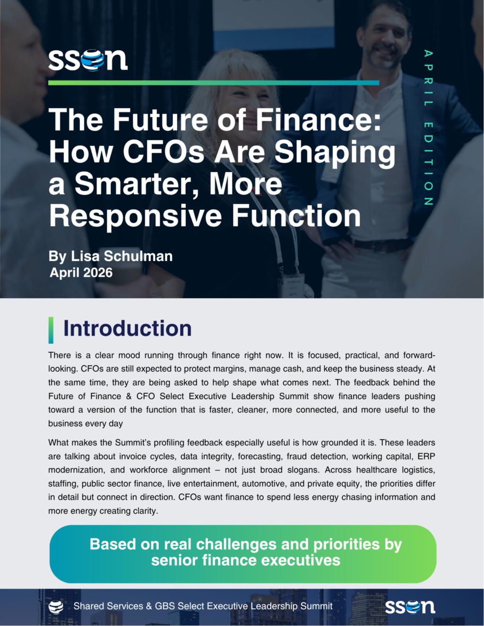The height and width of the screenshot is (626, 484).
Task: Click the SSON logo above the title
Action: (88, 60)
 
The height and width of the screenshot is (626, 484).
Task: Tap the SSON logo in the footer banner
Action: (410, 606)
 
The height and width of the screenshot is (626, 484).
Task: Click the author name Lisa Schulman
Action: (122, 256)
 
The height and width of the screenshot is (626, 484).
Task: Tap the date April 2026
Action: (81, 273)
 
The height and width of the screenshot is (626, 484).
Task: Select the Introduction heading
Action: (127, 328)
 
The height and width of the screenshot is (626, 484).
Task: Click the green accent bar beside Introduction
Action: (51, 330)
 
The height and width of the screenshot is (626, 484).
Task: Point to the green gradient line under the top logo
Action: (214, 83)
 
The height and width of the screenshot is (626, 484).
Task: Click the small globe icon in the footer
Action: (56, 607)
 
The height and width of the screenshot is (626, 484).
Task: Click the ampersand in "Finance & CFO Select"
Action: (129, 396)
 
